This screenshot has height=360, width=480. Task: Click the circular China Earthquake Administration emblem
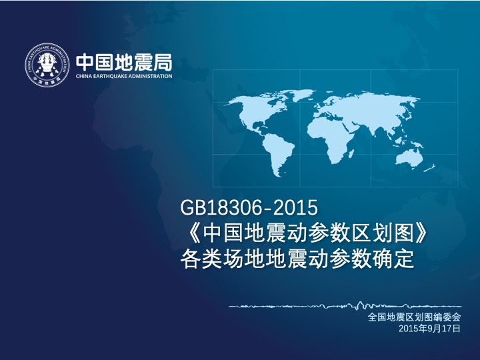(47, 65)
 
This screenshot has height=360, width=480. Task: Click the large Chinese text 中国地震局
(124, 63)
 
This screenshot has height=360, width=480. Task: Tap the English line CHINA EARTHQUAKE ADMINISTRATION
(124, 76)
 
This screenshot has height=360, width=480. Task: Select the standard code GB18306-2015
(249, 207)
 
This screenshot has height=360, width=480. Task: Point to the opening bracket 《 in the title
(191, 233)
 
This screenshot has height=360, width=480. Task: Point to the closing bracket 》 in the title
(419, 233)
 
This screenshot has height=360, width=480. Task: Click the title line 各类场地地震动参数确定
(297, 259)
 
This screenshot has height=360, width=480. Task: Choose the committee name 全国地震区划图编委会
(414, 317)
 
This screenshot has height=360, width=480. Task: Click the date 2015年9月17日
(429, 329)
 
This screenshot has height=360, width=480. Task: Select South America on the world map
(277, 153)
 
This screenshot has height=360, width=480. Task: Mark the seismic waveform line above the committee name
(345, 305)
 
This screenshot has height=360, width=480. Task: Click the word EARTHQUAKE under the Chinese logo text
(110, 76)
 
